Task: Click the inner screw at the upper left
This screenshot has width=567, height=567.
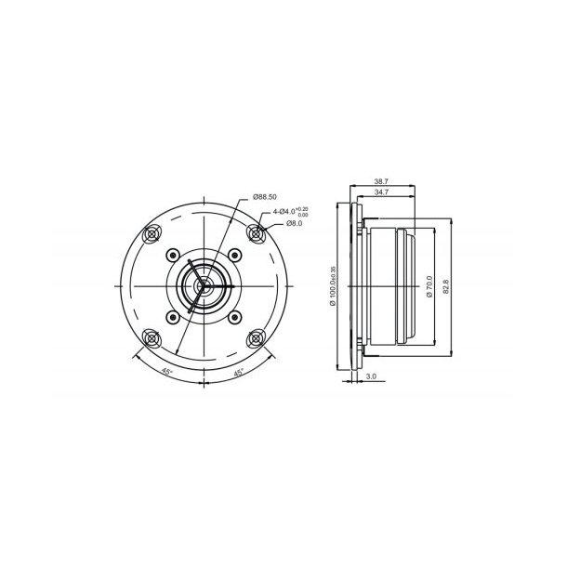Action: (171, 255)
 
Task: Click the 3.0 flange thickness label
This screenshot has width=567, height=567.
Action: (371, 377)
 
